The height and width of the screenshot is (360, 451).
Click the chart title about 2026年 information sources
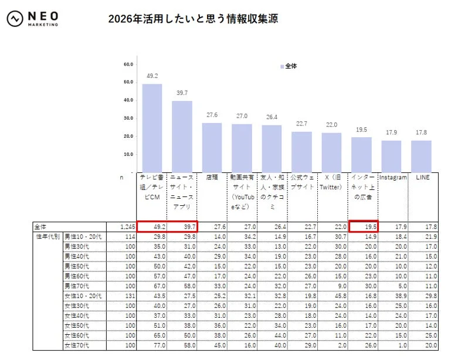[193, 19]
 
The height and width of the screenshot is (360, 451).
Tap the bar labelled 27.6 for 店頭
[212, 147]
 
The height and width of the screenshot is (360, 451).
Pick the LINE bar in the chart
[421, 155]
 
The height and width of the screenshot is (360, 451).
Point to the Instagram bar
[391, 155]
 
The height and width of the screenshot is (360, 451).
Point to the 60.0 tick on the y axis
[128, 64]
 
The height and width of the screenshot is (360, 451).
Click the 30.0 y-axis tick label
[128, 118]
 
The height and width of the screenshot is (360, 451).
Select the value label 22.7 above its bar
[301, 124]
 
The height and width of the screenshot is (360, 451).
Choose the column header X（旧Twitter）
[331, 182]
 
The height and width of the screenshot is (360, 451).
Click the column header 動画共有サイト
[241, 191]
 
